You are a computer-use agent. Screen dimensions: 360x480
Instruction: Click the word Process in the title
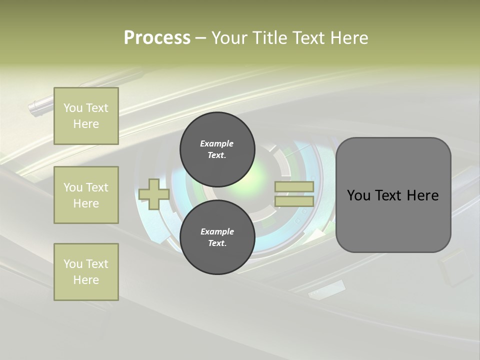[x=157, y=38]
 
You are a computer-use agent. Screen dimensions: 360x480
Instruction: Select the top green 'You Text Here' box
[x=86, y=116]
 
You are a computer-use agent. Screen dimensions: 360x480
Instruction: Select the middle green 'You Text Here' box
[x=86, y=195]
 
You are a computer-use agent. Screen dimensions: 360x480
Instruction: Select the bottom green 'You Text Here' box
[x=86, y=272]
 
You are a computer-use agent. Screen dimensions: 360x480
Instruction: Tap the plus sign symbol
[x=153, y=194]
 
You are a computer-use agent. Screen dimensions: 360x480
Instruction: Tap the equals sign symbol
[x=294, y=194]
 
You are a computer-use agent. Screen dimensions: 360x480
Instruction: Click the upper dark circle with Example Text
[x=217, y=149]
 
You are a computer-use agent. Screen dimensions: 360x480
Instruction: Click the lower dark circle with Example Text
[x=217, y=237]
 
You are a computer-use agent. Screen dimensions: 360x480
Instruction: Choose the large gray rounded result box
[x=393, y=195]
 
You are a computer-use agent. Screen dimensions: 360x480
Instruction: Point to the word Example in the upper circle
[x=217, y=143]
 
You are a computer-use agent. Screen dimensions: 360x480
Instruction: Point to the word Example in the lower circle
[x=217, y=231]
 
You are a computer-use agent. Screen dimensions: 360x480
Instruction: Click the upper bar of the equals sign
[x=294, y=187]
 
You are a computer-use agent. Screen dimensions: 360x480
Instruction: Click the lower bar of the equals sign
[x=294, y=201]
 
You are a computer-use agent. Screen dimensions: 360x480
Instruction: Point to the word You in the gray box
[x=358, y=195]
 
